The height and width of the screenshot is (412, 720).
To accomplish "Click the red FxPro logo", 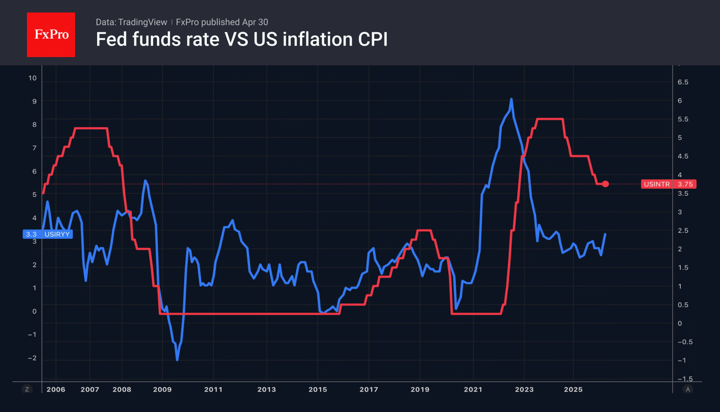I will pos(51,35).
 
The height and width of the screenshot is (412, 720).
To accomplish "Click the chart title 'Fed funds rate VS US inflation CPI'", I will pos(241,40).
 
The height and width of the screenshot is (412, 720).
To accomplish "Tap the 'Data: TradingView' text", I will pos(131,22).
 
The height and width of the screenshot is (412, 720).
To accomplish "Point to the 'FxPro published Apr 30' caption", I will pos(222,22).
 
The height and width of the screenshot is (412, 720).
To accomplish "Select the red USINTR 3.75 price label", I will pos(668,184).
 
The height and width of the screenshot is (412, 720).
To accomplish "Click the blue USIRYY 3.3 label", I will pos(48,234).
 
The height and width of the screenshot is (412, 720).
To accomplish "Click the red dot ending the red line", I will pos(605,184).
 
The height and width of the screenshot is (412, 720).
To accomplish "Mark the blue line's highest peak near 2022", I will pos(511,99).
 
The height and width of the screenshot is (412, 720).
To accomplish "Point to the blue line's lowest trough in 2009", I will pos(177,360).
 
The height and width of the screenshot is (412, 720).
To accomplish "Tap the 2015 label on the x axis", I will pos(318,390).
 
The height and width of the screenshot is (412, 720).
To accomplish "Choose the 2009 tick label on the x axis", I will pos(162,390).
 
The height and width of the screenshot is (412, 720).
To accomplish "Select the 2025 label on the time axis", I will pos(573,390).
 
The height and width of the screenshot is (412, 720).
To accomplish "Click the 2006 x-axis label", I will pos(56,390).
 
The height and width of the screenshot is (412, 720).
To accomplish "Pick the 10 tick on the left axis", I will pos(32,78).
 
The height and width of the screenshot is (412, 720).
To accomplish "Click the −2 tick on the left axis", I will pos(32,358).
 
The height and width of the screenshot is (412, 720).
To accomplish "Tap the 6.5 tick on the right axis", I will pos(683,82).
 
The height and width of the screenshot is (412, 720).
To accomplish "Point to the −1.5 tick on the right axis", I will pos(684,379).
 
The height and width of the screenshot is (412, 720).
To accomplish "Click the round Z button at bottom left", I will pos(27,390).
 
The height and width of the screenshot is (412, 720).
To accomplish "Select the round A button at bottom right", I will pos(688,390).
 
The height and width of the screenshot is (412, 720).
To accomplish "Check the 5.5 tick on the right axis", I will pos(683,119).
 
